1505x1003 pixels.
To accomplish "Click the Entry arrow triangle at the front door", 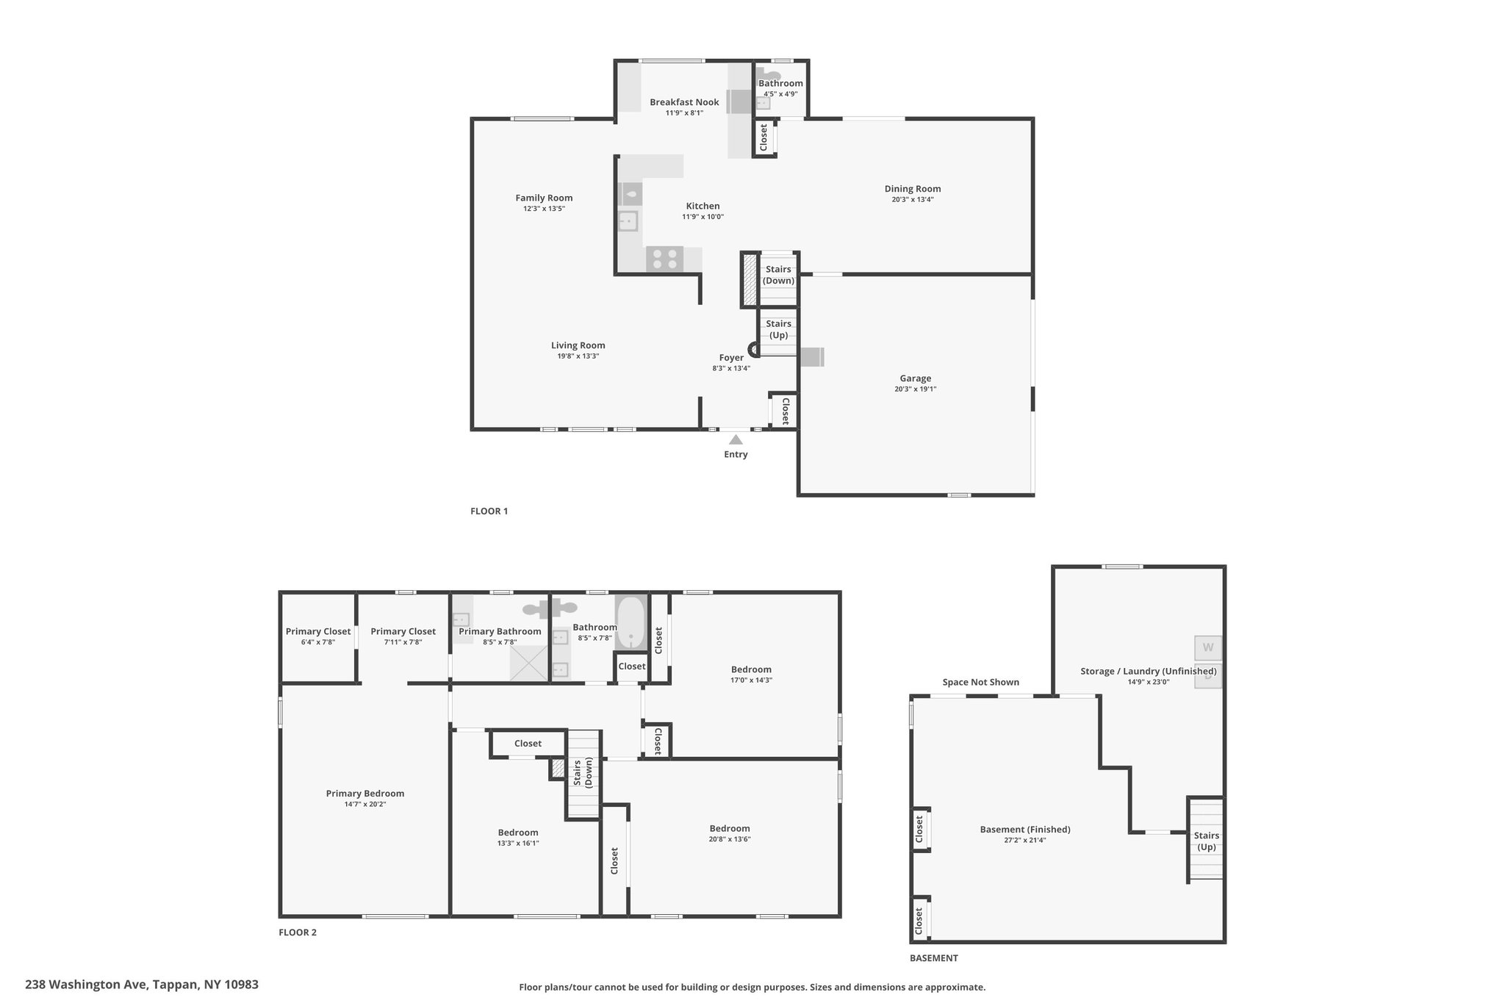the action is coord(736,439).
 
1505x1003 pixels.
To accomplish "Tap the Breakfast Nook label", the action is coord(684,102).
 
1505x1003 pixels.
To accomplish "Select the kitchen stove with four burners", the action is coord(664,259).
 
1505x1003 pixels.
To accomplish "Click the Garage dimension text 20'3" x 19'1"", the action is coord(916,389).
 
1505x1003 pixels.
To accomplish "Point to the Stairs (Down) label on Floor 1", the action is coord(778,275).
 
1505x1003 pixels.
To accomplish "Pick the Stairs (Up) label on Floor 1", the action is coord(779,329).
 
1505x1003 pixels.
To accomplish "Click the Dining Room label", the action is coord(913,189).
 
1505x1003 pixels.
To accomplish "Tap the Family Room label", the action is coord(544,198).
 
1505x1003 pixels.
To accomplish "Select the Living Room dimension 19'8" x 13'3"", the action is coord(578,356).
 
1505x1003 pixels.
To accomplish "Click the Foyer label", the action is coord(731,358).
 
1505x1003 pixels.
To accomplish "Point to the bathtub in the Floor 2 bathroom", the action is coord(631,622).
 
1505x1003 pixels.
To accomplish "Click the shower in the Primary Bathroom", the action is coord(530,663).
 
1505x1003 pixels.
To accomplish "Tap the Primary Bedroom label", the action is coord(365,793).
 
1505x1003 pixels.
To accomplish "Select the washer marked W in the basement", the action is coord(1208,648).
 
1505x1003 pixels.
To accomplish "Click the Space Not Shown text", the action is coord(981,682).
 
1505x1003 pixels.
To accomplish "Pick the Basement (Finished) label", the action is coord(1025,830).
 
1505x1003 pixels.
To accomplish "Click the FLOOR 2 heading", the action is coord(298,932).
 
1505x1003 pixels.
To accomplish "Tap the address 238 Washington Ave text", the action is coord(87,984).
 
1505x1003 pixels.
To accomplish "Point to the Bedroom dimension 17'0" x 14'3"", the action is coord(751,680).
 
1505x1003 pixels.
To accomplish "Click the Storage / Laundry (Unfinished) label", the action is coord(1149,671).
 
